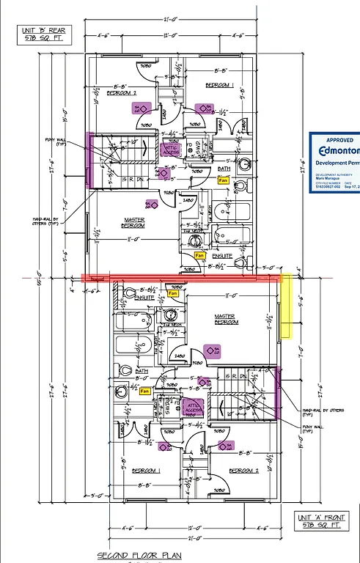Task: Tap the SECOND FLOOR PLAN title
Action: pyautogui.click(x=139, y=555)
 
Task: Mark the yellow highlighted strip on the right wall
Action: pyautogui.click(x=287, y=306)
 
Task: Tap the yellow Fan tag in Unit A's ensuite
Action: pyautogui.click(x=173, y=293)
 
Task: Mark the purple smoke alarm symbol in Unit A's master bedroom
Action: pyautogui.click(x=212, y=351)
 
